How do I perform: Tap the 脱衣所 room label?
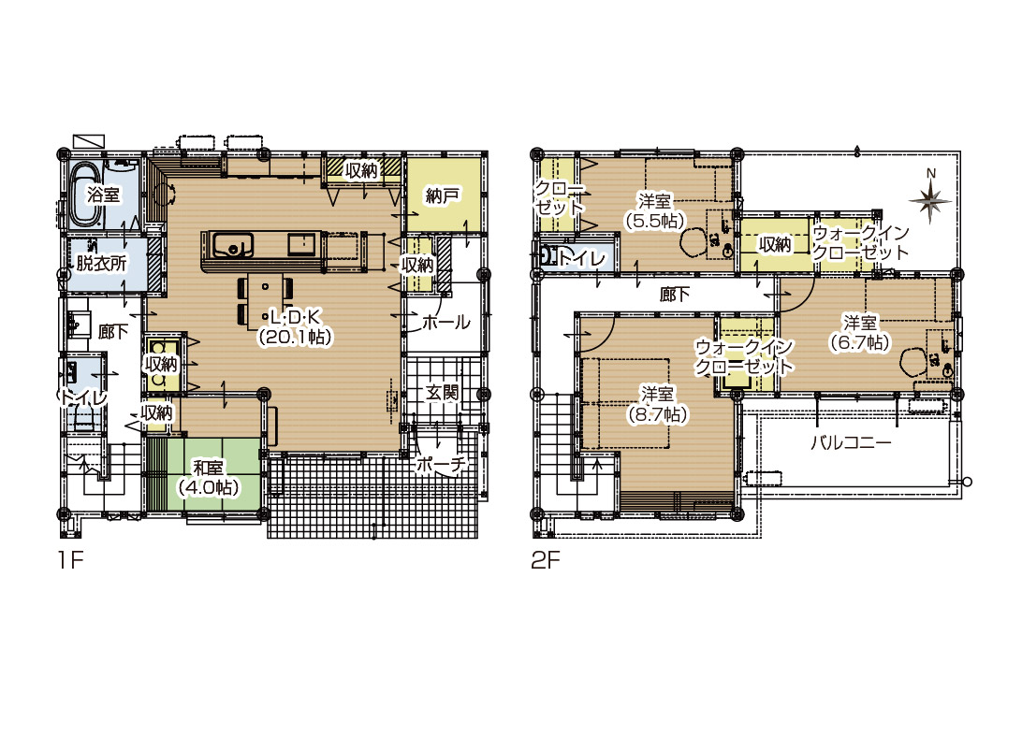tap(101, 263)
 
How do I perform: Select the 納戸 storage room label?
tap(443, 195)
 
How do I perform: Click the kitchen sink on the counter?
tap(233, 246)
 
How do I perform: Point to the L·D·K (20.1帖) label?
tap(296, 327)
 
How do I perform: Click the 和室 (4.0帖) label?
tap(209, 478)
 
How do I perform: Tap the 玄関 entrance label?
tap(443, 392)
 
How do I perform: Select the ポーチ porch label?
tap(442, 464)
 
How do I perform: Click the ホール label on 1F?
tap(446, 322)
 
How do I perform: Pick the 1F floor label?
tap(70, 559)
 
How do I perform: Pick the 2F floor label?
tap(546, 559)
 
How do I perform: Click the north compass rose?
tap(930, 198)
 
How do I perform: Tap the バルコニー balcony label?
tap(851, 443)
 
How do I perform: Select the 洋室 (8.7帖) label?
tap(658, 405)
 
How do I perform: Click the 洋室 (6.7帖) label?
tap(860, 332)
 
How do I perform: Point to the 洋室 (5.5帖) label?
tap(655, 210)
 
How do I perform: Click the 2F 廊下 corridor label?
tap(675, 295)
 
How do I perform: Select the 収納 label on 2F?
tap(775, 244)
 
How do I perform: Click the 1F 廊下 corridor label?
tap(113, 332)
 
